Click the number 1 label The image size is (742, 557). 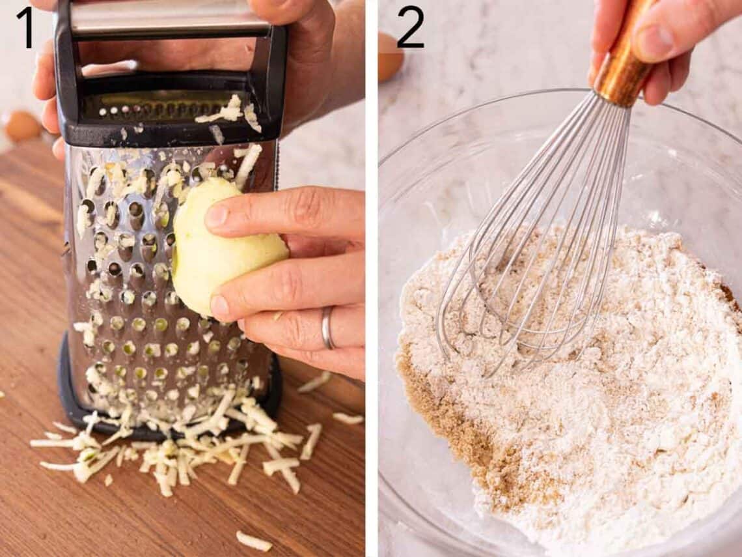[x=25, y=27]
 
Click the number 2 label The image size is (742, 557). [x=410, y=27]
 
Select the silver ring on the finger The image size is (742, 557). [x=327, y=327]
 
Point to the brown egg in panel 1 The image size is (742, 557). [x=21, y=125]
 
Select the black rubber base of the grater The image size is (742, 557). [x=72, y=397]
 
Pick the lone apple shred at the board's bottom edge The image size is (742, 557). [x=253, y=541]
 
